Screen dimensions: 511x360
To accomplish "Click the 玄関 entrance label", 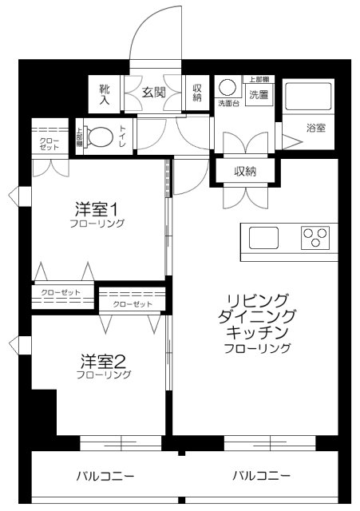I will (153, 92).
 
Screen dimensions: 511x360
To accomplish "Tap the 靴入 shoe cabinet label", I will (105, 92).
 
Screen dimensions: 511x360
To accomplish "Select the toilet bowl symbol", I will (100, 137).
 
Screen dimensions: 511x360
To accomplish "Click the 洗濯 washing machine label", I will (259, 95).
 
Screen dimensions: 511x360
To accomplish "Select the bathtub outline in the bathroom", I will (308, 97).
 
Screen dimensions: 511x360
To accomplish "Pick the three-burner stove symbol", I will (315, 238).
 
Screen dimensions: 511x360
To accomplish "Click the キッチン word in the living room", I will (255, 332).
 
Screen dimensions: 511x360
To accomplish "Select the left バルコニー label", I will (105, 477).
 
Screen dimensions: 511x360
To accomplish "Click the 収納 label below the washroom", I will (245, 171).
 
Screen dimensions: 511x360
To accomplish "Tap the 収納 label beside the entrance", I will (197, 92).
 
